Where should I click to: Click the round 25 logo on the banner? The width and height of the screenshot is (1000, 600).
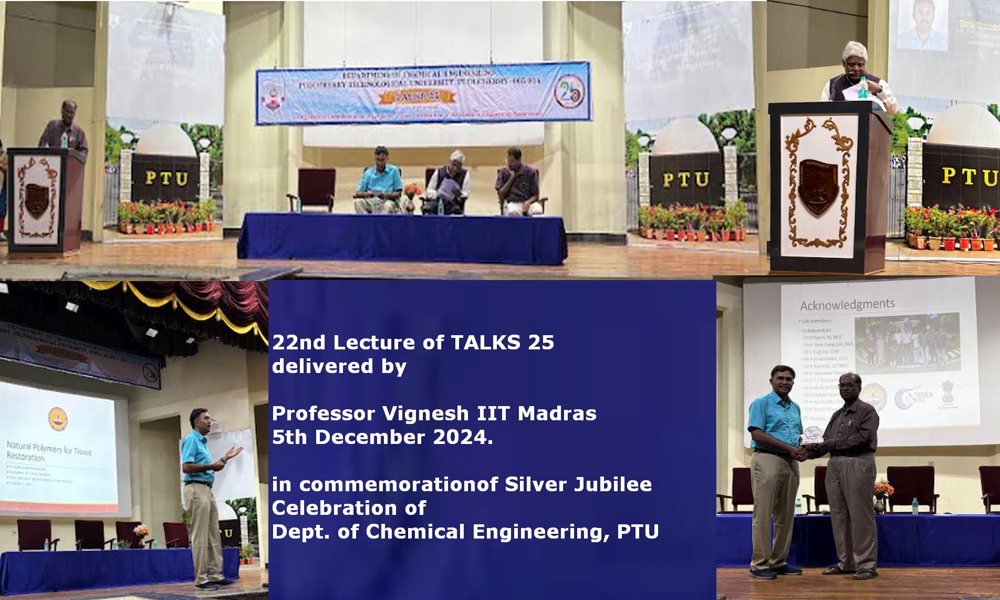coord(568,92)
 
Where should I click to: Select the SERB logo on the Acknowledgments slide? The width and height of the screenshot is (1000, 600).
coord(913,398)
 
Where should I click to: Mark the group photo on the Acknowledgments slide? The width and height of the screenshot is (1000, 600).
coord(907,341)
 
